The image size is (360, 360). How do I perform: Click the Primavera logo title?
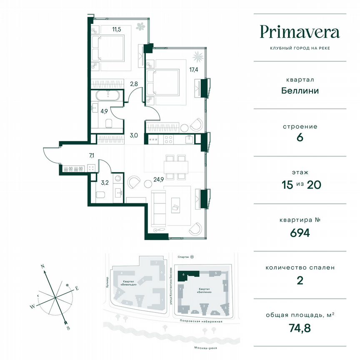[x=300, y=32]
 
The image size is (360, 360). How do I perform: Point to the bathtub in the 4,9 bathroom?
[x=108, y=95]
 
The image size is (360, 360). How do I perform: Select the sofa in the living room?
[x=158, y=207]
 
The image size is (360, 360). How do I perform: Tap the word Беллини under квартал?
[x=300, y=90]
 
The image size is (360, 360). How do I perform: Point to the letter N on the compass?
[x=42, y=265]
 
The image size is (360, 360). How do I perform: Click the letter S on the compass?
[x=68, y=328]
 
